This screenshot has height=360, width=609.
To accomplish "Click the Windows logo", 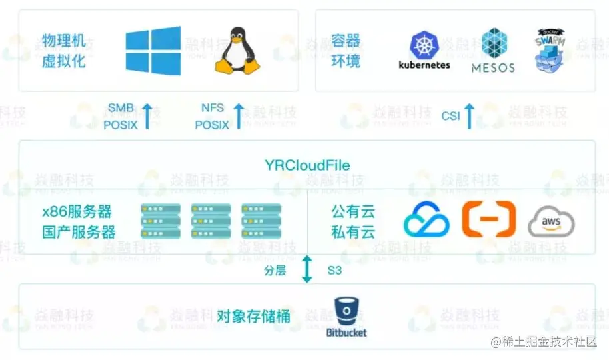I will (153, 51).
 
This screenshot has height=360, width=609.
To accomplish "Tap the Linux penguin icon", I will (237, 51).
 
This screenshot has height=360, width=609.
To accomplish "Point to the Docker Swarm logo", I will (552, 50).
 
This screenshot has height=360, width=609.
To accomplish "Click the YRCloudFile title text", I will (307, 165).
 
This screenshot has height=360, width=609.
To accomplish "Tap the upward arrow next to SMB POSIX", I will (147, 116).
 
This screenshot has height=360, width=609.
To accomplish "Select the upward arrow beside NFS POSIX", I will (239, 116).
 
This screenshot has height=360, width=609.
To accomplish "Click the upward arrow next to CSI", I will (469, 116).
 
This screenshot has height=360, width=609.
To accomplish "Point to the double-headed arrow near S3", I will (306, 269).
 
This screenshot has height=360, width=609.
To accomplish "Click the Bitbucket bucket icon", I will (346, 311).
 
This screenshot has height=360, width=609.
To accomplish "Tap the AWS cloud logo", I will (551, 221).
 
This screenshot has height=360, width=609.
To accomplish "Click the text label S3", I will (334, 271).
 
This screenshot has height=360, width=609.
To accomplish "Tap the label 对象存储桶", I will (254, 316).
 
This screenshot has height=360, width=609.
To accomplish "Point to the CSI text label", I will (450, 116).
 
